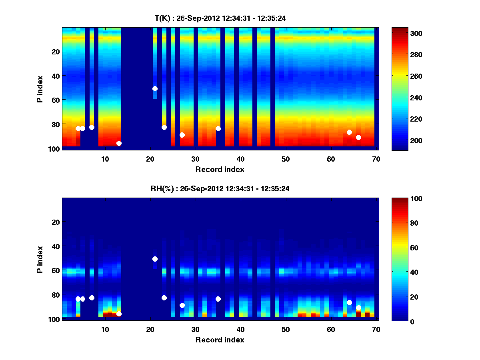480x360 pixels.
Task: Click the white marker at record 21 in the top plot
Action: [155, 88]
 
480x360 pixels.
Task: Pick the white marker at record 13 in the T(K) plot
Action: [119, 143]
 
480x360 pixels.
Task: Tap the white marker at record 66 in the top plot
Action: [358, 137]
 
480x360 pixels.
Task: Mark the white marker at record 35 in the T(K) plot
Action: [218, 128]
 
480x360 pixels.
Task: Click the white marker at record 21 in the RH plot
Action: [155, 259]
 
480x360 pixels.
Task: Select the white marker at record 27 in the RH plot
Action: [182, 305]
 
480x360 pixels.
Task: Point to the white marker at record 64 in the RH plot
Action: [349, 302]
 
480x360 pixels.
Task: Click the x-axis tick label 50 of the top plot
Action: [286, 159]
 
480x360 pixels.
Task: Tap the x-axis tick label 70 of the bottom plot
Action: [376, 329]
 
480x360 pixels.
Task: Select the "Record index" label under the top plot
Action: [220, 169]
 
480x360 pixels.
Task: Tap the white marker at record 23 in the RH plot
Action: [164, 298]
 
